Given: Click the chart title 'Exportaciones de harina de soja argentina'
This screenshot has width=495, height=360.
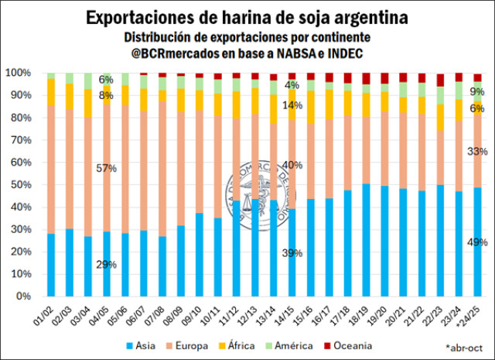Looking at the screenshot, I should [247, 16].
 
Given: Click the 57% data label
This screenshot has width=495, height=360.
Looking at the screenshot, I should [106, 168].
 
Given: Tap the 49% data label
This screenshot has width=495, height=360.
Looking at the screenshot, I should [476, 242].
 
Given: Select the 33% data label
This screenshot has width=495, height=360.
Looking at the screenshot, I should [476, 151].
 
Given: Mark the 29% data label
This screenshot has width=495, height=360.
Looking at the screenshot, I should [106, 265].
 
